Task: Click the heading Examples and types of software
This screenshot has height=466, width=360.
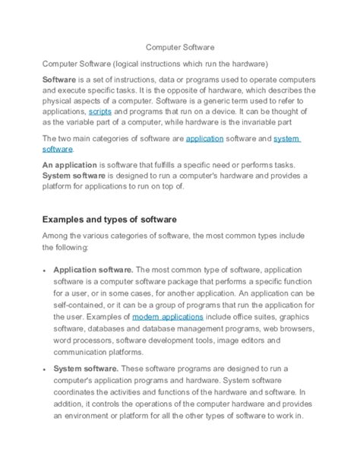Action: [x=109, y=219]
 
